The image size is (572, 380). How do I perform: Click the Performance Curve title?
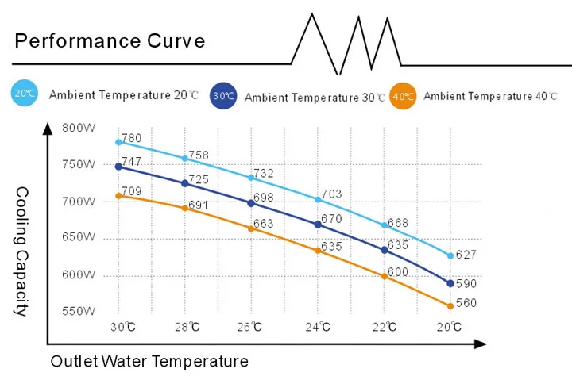[x=110, y=41]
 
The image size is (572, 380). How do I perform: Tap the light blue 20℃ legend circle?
[x=25, y=94]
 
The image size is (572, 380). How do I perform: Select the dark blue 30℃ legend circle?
[x=224, y=96]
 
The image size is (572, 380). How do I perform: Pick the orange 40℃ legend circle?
[x=403, y=96]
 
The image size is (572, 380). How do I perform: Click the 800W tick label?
[x=79, y=128]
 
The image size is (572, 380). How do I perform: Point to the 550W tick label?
[x=79, y=311]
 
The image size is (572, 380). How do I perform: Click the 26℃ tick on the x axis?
[x=251, y=327]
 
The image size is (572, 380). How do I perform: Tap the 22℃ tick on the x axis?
[x=385, y=327]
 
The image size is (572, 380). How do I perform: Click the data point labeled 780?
[x=118, y=142]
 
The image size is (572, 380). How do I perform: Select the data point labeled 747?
[x=118, y=167]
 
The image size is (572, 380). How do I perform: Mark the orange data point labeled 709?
[x=118, y=195]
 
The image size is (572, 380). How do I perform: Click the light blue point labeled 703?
[x=318, y=200]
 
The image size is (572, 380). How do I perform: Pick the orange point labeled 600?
[x=385, y=276]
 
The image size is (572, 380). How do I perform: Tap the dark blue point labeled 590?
[x=450, y=283]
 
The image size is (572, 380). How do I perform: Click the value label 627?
[x=466, y=255]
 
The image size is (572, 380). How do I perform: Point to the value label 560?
[x=466, y=303]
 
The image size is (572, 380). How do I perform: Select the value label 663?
[x=263, y=224]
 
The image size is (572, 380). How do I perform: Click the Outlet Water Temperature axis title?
[x=149, y=362]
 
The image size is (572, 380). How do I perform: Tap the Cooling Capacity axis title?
[x=21, y=251]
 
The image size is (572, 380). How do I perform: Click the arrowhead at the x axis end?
[x=480, y=344]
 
